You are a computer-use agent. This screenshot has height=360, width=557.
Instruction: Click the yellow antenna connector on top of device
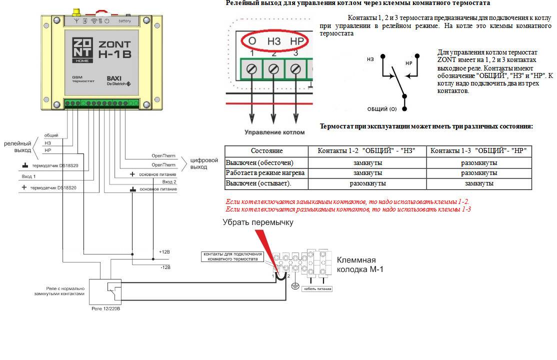coord(77,11)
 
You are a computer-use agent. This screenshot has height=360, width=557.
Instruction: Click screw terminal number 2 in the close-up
coord(273,69)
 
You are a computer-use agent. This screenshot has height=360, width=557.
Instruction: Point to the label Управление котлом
coord(274,132)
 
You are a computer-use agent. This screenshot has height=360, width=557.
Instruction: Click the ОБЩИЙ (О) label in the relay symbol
coord(382,108)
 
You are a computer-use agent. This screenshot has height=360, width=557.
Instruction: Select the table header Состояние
coord(266,150)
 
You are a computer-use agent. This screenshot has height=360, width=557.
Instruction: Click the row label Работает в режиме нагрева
coord(265,173)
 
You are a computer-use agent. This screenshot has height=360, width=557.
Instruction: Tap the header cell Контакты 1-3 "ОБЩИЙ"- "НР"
coord(478,150)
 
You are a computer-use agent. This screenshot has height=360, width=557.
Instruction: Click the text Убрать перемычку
coord(258,222)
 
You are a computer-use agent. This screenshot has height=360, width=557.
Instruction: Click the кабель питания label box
coord(317,289)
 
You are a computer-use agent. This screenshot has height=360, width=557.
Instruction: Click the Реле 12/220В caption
coord(106,309)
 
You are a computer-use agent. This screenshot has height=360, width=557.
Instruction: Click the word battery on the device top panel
coord(125,20)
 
